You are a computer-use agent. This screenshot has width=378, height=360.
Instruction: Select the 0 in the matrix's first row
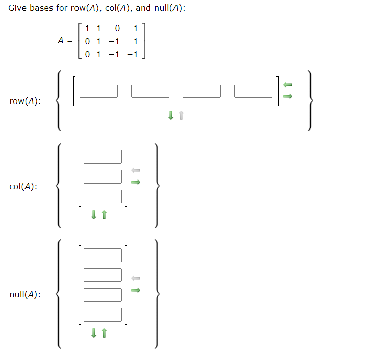[117, 29]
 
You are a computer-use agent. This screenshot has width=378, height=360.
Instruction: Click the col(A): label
[23, 186]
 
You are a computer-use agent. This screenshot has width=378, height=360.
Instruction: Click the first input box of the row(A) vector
[98, 91]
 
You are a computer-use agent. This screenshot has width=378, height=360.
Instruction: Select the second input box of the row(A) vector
[150, 91]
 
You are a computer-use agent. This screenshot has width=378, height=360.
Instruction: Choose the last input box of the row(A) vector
[254, 91]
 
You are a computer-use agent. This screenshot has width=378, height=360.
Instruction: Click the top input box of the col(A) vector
[103, 157]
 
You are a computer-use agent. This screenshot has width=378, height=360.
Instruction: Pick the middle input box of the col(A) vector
[103, 176]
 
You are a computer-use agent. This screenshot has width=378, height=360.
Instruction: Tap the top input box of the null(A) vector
[103, 255]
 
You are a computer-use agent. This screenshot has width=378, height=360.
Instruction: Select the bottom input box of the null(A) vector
[103, 315]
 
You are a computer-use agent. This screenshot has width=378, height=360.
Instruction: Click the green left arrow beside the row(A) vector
[288, 84]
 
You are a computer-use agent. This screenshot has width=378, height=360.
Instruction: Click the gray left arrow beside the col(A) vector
[136, 170]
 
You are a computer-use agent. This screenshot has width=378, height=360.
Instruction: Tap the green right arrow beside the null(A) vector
[136, 291]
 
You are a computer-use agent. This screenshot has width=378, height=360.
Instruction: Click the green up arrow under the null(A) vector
[104, 333]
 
